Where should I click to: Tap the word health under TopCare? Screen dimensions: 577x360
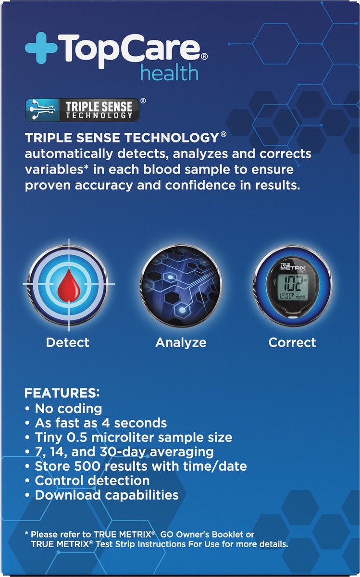point(169,73)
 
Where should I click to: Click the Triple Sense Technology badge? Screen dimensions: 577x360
point(82,110)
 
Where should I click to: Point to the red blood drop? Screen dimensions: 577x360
point(68,286)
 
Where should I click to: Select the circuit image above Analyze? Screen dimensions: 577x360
point(180,285)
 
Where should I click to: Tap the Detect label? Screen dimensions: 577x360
point(68,342)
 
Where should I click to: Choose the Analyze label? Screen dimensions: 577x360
point(181,343)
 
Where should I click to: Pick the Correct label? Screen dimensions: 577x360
point(292,342)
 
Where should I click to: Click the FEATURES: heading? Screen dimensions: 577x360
point(62,393)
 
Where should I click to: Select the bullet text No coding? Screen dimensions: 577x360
point(69,409)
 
